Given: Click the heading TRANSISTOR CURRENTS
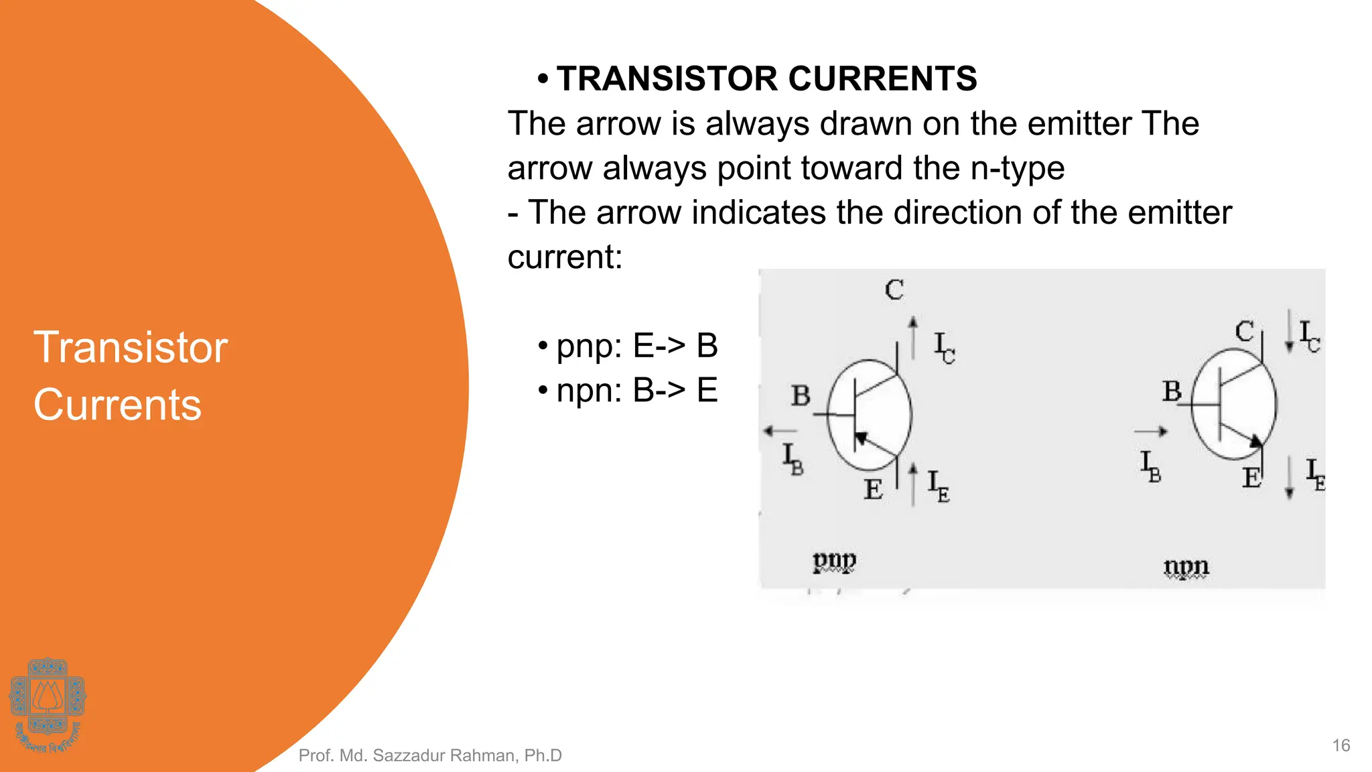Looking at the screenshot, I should pyautogui.click(x=766, y=79).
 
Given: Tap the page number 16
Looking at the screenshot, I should pyautogui.click(x=1341, y=745).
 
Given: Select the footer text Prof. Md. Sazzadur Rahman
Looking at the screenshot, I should pyautogui.click(x=429, y=755).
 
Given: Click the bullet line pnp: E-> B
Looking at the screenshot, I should pyautogui.click(x=636, y=346).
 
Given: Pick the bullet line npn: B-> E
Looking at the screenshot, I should pyautogui.click(x=636, y=390).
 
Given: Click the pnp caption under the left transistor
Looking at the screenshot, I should pyautogui.click(x=834, y=560).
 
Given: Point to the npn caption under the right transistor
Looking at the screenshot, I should pyautogui.click(x=1186, y=567).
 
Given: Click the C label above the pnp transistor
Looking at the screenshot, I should pyautogui.click(x=894, y=289).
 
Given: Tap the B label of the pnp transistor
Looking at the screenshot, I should pyautogui.click(x=801, y=395).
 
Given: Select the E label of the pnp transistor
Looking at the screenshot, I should pyautogui.click(x=872, y=489).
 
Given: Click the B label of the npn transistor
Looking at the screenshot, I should pyautogui.click(x=1172, y=391).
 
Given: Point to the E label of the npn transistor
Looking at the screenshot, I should pyautogui.click(x=1251, y=478).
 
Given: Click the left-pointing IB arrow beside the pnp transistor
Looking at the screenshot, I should pyautogui.click(x=780, y=431).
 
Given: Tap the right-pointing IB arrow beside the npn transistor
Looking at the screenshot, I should pyautogui.click(x=1151, y=432).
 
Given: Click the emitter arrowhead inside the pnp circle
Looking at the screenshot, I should pyautogui.click(x=862, y=439).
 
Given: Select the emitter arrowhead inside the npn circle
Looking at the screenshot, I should pyautogui.click(x=1255, y=440).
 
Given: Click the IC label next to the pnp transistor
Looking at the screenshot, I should pyautogui.click(x=944, y=347).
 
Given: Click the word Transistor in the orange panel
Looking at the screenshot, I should pyautogui.click(x=131, y=347).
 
